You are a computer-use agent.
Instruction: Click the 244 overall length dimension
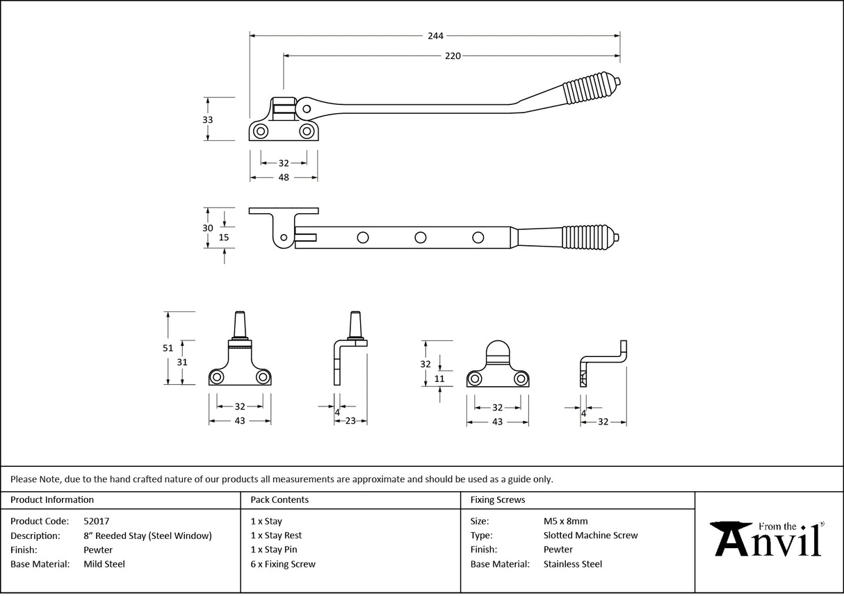coord(436,35)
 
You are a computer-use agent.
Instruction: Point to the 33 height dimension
coord(207,119)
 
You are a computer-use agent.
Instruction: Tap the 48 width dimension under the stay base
coord(284,178)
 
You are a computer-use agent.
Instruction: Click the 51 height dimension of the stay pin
coord(168,349)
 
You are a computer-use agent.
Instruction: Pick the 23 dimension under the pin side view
coord(350,420)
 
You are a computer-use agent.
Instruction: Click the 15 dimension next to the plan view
coord(223,237)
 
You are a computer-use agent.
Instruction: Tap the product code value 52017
coord(96,521)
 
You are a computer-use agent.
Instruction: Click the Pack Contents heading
coord(279,499)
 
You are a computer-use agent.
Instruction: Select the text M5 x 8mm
coord(565,521)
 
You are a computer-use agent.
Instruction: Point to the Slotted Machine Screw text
coord(590,536)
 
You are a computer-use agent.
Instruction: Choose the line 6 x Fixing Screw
coord(282,564)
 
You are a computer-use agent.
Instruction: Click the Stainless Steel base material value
coord(573,564)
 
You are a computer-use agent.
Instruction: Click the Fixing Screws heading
coord(498,499)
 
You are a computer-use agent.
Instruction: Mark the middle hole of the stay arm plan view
coord(421,238)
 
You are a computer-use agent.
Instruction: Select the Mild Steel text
coord(104,564)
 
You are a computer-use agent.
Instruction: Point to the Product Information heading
coord(52,499)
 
